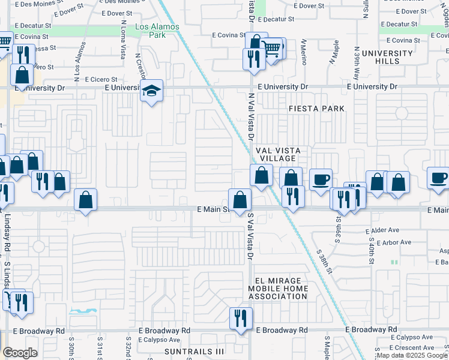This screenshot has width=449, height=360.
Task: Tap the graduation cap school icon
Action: pos(152,92)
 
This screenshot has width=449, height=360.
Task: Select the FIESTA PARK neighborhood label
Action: pos(316,109)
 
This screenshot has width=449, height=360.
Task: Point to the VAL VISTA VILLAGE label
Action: pos(277,154)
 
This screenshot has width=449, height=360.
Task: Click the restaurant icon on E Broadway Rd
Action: pos(241,318)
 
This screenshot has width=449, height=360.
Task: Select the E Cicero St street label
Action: pos(101,79)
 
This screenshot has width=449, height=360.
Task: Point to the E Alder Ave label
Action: pos(382,230)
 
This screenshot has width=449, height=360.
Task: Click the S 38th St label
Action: pos(325,262)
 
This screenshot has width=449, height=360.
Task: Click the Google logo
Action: pos(20,353)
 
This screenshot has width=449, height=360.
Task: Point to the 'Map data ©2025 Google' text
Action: pos(412,356)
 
